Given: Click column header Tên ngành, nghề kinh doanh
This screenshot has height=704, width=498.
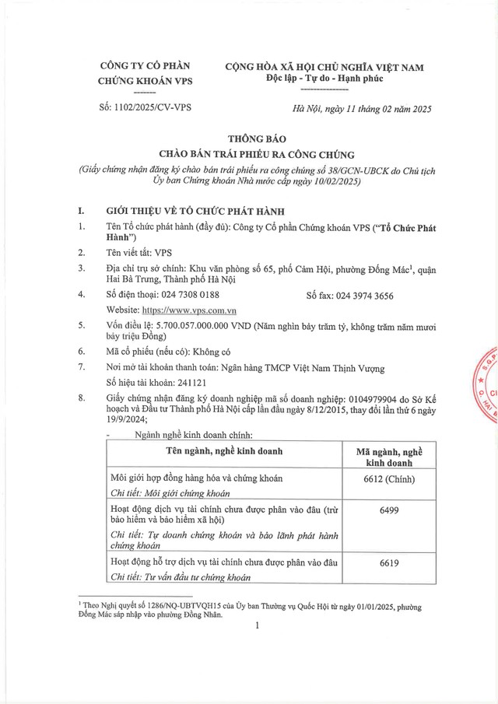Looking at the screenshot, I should tap(223, 450).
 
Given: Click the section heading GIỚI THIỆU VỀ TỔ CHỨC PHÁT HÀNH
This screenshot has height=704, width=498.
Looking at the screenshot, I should tap(196, 211).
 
